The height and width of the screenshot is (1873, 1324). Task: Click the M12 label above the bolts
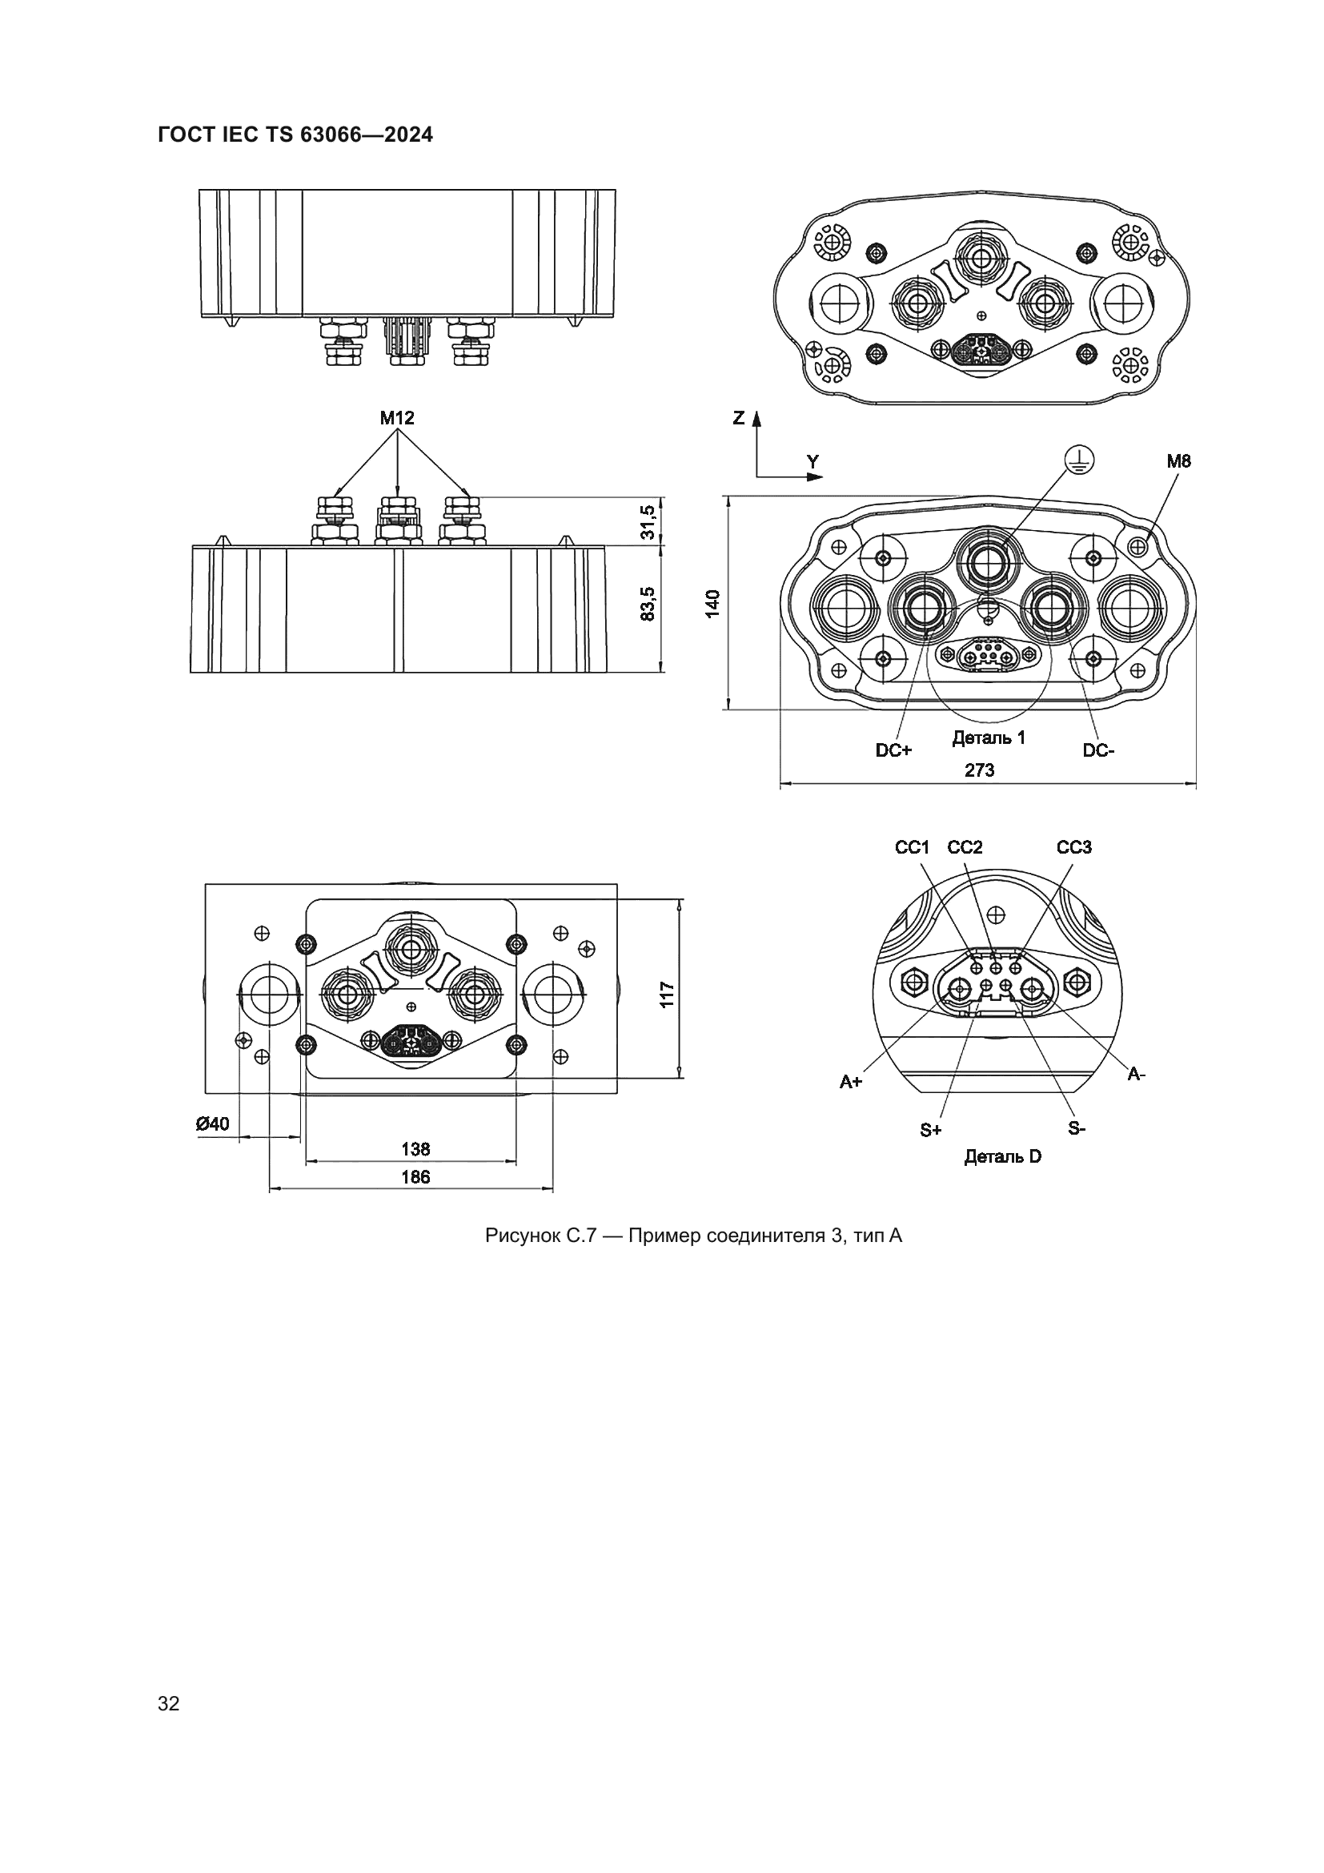click(397, 419)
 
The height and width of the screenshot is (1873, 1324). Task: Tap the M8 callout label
click(1178, 462)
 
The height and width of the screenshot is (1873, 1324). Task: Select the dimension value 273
click(979, 770)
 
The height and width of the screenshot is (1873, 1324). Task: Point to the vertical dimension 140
click(712, 603)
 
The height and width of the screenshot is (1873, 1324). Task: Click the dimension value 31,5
click(648, 521)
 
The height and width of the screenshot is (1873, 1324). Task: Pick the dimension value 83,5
click(648, 604)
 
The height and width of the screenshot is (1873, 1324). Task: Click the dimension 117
click(667, 995)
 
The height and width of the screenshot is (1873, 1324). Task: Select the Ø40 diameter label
click(213, 1124)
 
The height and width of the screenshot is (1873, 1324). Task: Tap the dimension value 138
click(415, 1149)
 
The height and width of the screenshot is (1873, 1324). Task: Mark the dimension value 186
click(415, 1177)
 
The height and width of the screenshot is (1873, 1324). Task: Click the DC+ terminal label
click(893, 750)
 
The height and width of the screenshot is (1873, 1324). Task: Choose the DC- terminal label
click(1098, 750)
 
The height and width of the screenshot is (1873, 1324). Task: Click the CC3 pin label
click(1073, 847)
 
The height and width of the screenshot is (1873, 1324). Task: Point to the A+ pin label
click(851, 1082)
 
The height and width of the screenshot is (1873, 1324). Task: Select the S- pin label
click(1077, 1129)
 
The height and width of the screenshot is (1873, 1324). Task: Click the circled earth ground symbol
click(1080, 461)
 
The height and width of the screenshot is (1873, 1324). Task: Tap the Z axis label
click(739, 419)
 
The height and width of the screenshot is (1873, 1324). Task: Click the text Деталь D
click(1003, 1157)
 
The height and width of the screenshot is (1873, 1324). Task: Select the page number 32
click(169, 1703)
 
